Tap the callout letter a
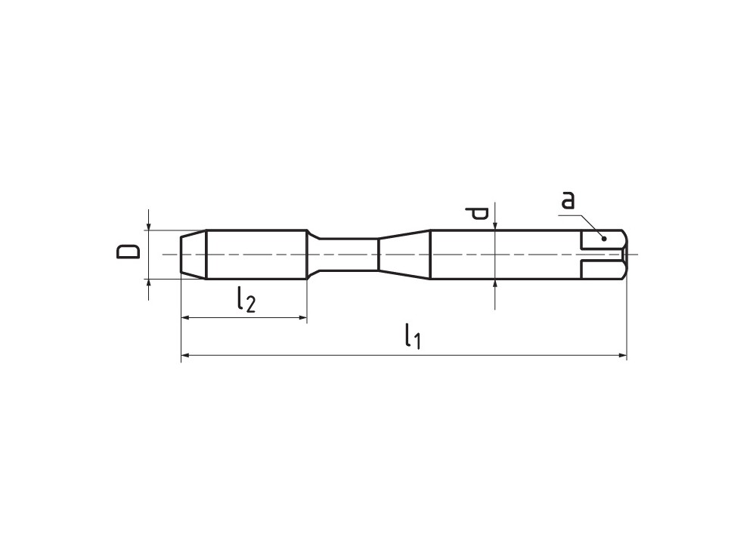pos(568,200)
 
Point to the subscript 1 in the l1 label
pos(415,341)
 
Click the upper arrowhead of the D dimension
pos(149,225)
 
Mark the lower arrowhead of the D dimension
pos(149,284)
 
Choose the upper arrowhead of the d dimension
pos(494,224)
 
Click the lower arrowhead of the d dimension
pos(494,285)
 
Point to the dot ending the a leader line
pos(604,239)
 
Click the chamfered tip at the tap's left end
pos(194,255)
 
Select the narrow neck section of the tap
pos(344,255)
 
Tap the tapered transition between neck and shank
pos(404,255)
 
